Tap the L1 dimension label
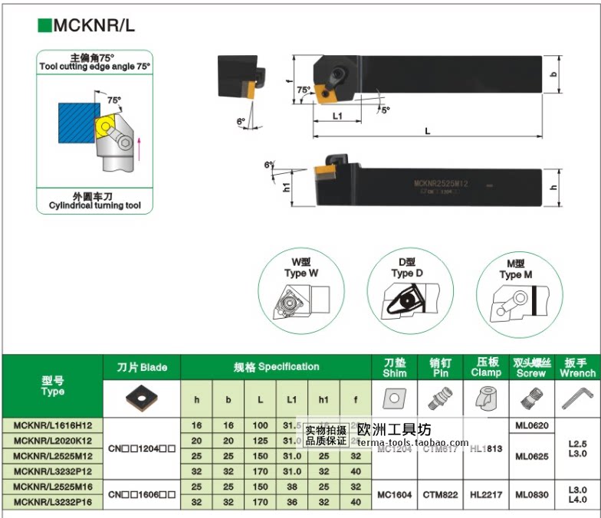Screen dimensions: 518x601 [337, 116]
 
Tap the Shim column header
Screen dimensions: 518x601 [395, 368]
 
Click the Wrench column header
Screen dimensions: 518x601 [578, 368]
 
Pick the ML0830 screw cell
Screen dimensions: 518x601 [530, 495]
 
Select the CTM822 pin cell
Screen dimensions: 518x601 [441, 495]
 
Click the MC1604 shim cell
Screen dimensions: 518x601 [395, 495]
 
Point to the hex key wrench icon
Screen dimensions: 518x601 [578, 398]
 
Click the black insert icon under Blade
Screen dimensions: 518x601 [142, 398]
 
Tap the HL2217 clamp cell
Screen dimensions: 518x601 [486, 495]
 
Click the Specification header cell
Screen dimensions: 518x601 [276, 366]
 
